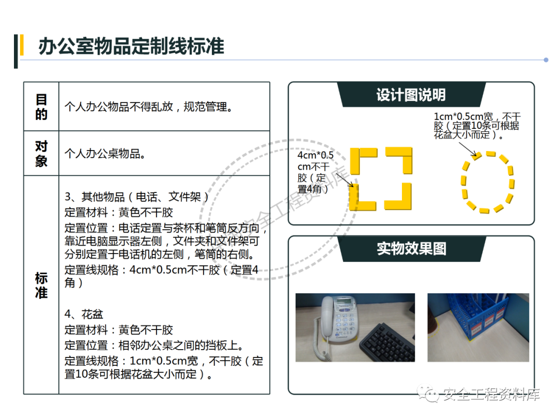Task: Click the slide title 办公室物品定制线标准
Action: [x=131, y=47]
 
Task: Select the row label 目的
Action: [x=41, y=107]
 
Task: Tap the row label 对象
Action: [x=41, y=154]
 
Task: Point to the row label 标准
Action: [x=41, y=285]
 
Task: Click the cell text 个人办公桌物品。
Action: [x=105, y=154]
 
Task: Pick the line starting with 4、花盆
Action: [x=84, y=315]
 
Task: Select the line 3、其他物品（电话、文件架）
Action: [x=136, y=197]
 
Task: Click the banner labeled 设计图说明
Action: [x=411, y=95]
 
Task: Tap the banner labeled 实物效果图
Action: [x=411, y=249]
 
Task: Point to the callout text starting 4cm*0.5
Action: [x=315, y=172]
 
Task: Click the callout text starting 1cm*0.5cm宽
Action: [x=477, y=126]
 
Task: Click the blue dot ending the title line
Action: [x=546, y=60]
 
